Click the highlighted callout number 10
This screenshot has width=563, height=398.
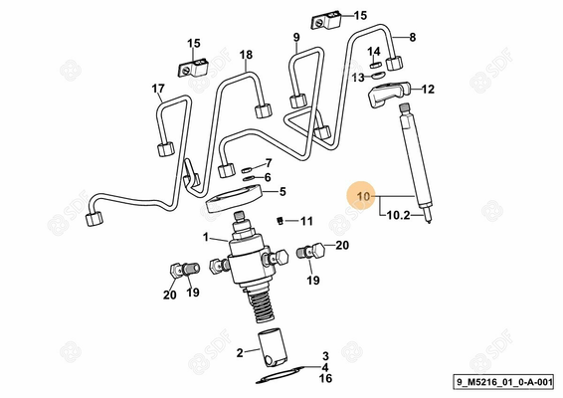[363, 198]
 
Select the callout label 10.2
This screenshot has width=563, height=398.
[398, 214]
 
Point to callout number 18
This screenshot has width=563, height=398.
[246, 55]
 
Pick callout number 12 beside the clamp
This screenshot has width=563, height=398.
[428, 90]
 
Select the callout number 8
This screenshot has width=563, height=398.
[413, 37]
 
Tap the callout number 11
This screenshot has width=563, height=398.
[307, 220]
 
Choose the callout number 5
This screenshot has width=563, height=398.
[282, 192]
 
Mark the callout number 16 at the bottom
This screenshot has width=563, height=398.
[325, 378]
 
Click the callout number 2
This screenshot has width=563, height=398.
[240, 352]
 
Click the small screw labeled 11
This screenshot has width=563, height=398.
[282, 220]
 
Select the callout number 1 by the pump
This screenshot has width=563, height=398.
[205, 237]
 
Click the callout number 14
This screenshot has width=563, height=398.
[374, 52]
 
